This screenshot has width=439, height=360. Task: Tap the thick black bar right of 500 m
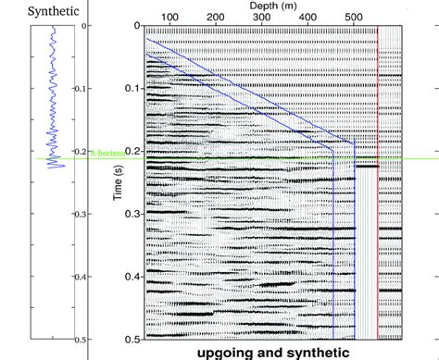(x=366, y=167)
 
